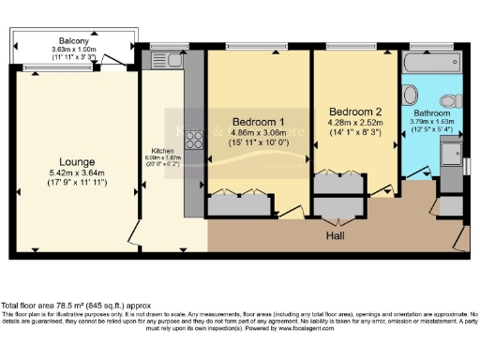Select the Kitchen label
pos(163,150)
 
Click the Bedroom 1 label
pos(259,122)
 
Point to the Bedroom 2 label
pos(352,111)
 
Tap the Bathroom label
pos(431,112)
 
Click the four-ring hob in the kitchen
pos(198,141)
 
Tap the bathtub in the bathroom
pos(429,64)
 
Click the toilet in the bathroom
pos(448,100)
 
